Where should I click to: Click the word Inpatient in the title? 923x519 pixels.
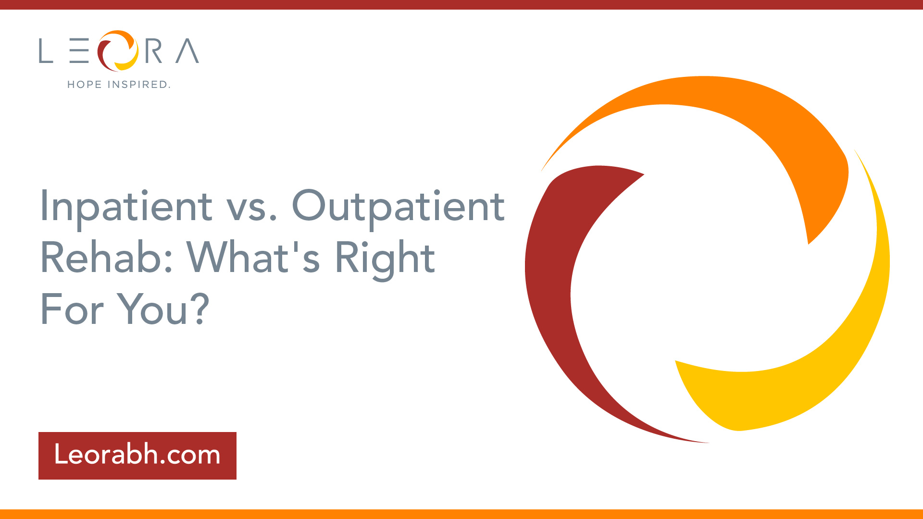click(126, 207)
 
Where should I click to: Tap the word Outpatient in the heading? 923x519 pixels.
click(399, 207)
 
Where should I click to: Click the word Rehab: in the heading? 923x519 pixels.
click(106, 258)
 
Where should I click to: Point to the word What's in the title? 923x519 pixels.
click(253, 258)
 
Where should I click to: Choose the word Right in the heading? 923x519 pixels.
click(385, 259)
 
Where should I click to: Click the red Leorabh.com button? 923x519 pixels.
click(137, 456)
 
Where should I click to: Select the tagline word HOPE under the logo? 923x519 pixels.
click(85, 85)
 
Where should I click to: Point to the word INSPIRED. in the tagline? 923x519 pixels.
click(139, 85)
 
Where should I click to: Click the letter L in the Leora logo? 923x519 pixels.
click(46, 51)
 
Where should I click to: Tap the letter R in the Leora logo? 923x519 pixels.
click(153, 51)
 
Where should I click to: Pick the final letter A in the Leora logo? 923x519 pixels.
click(187, 51)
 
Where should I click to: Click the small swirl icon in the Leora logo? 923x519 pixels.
click(118, 50)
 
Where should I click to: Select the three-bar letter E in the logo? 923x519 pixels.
click(79, 51)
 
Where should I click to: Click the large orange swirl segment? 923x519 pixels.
click(750, 120)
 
